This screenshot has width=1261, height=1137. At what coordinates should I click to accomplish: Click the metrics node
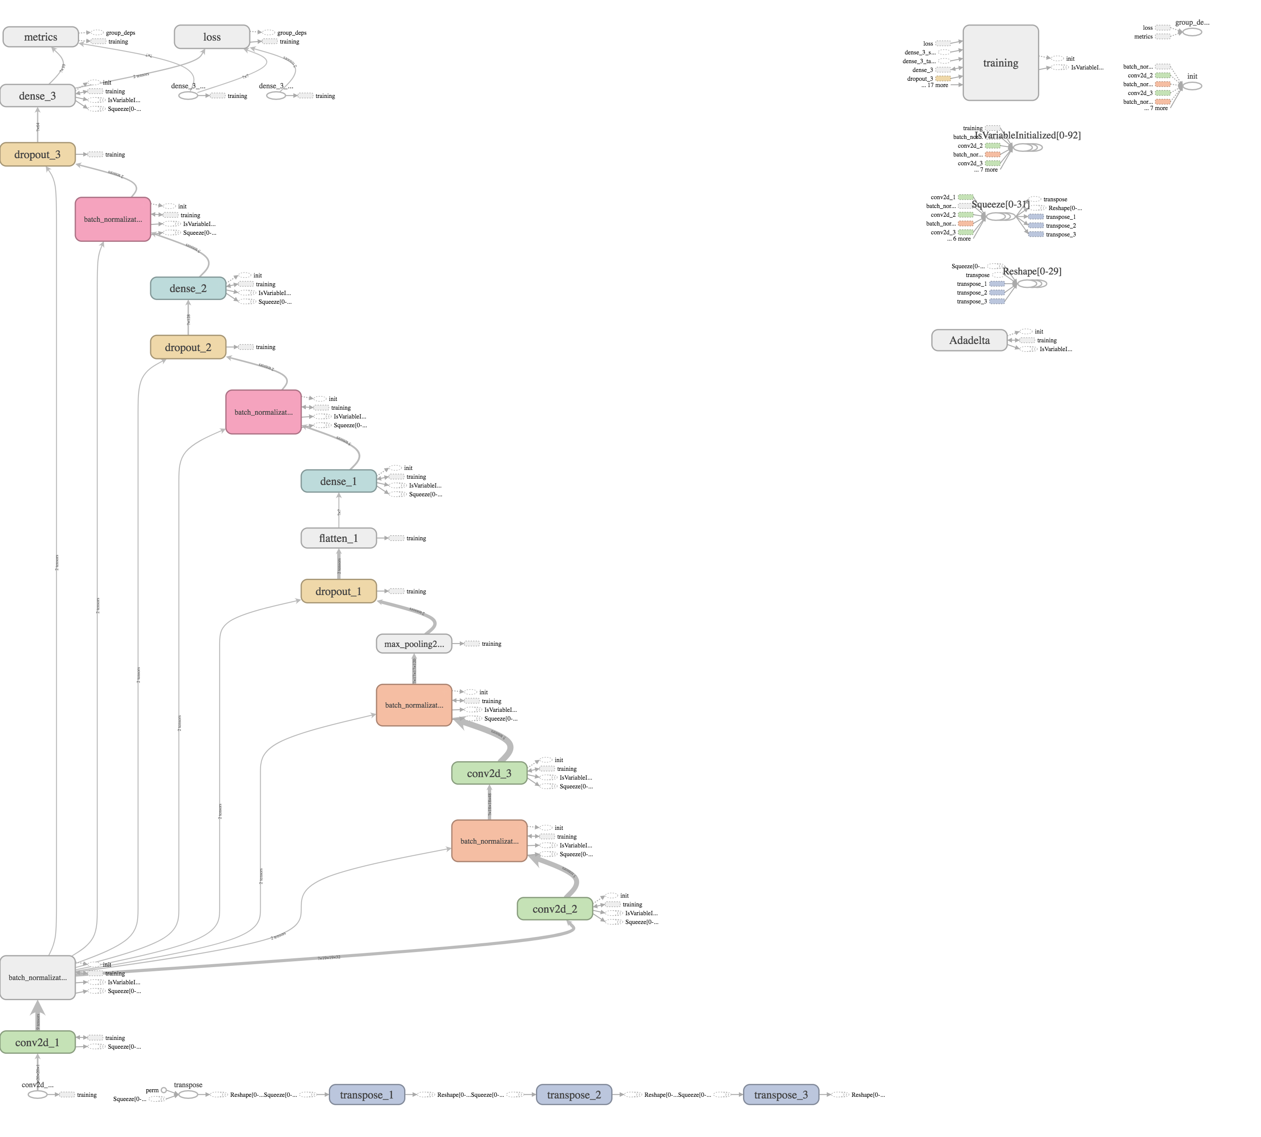pos(41,37)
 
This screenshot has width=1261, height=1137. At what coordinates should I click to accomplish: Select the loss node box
pos(212,37)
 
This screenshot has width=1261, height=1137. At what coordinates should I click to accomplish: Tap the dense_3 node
pos(38,95)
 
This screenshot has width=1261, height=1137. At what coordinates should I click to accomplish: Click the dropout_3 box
pos(38,154)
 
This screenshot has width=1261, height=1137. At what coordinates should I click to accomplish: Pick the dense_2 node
pos(188,288)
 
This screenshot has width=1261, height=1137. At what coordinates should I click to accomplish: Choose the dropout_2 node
pos(188,347)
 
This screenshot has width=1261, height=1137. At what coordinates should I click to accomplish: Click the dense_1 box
pos(338,481)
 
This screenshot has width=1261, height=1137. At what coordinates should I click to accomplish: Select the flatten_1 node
pos(338,538)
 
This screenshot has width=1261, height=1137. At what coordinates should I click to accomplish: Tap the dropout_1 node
pos(338,591)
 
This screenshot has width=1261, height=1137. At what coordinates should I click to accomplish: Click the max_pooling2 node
pos(413,644)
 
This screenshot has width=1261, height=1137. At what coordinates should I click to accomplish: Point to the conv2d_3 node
pos(489,773)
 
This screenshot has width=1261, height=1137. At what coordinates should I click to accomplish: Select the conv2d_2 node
pos(555,909)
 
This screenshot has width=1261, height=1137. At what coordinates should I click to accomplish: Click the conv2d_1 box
pos(38,1042)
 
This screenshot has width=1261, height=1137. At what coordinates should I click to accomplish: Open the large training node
pos(1000,62)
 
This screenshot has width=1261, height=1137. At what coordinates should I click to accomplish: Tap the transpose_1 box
pos(367,1094)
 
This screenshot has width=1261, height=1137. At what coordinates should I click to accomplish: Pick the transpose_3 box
pos(781,1094)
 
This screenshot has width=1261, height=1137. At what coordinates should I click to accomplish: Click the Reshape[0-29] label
pos(1032,271)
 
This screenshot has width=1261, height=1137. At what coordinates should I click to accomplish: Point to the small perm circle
pos(164,1090)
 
